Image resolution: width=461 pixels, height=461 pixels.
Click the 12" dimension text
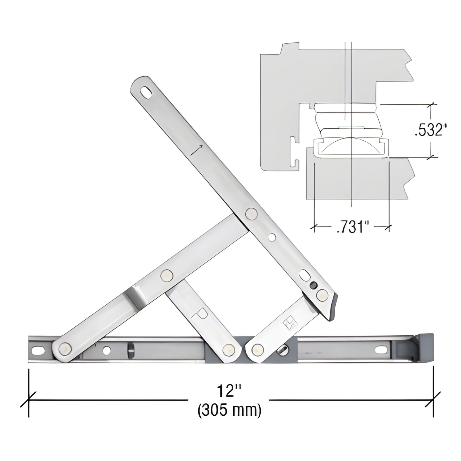(229, 391)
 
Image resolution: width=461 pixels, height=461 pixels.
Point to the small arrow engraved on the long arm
(197, 149)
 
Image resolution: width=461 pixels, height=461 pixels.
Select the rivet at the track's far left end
(65, 349)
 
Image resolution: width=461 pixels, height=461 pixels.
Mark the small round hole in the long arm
(272, 237)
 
